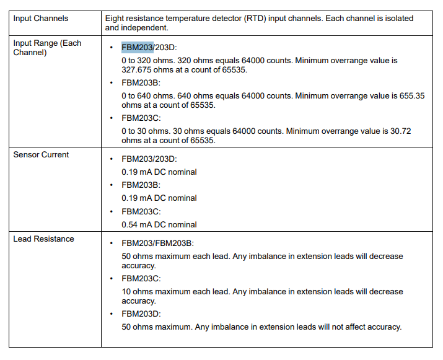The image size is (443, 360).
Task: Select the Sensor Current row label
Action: pos(41,154)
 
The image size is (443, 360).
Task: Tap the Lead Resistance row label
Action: pos(43,239)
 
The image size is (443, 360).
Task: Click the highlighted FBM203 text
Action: pos(137,47)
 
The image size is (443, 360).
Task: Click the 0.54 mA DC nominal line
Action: pos(159,224)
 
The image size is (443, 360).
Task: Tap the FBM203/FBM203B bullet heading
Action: pos(157,244)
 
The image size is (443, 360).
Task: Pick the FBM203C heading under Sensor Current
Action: pos(141,211)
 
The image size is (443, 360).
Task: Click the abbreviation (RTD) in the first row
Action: pos(253,19)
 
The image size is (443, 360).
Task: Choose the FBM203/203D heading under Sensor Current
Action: pos(149,159)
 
